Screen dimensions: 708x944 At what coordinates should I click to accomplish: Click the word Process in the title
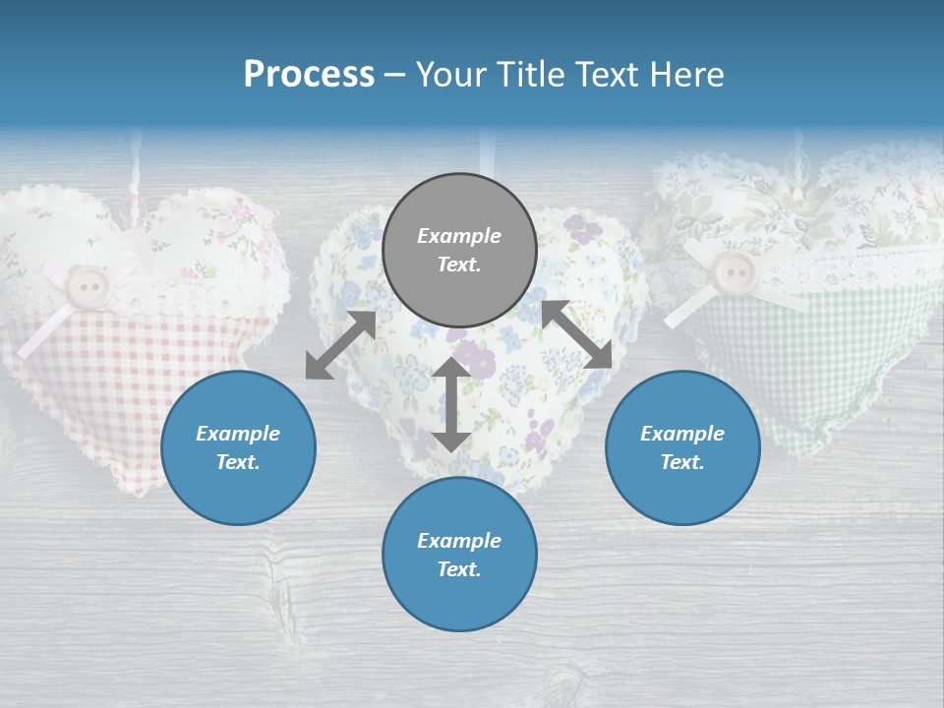point(309,75)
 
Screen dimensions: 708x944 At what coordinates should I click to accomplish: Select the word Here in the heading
point(684,75)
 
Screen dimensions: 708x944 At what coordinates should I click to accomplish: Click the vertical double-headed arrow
point(451,404)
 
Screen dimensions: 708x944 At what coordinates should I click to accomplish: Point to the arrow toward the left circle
point(340,344)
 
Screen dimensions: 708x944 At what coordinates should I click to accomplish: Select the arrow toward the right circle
point(577,334)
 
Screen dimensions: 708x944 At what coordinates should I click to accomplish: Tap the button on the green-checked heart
point(734,269)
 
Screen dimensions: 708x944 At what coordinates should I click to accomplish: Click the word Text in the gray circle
point(458,265)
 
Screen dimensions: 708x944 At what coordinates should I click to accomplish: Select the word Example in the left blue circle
point(238,434)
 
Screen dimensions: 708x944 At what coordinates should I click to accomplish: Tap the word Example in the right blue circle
point(682,434)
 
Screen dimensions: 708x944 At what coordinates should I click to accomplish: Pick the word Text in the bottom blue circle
point(458,569)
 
